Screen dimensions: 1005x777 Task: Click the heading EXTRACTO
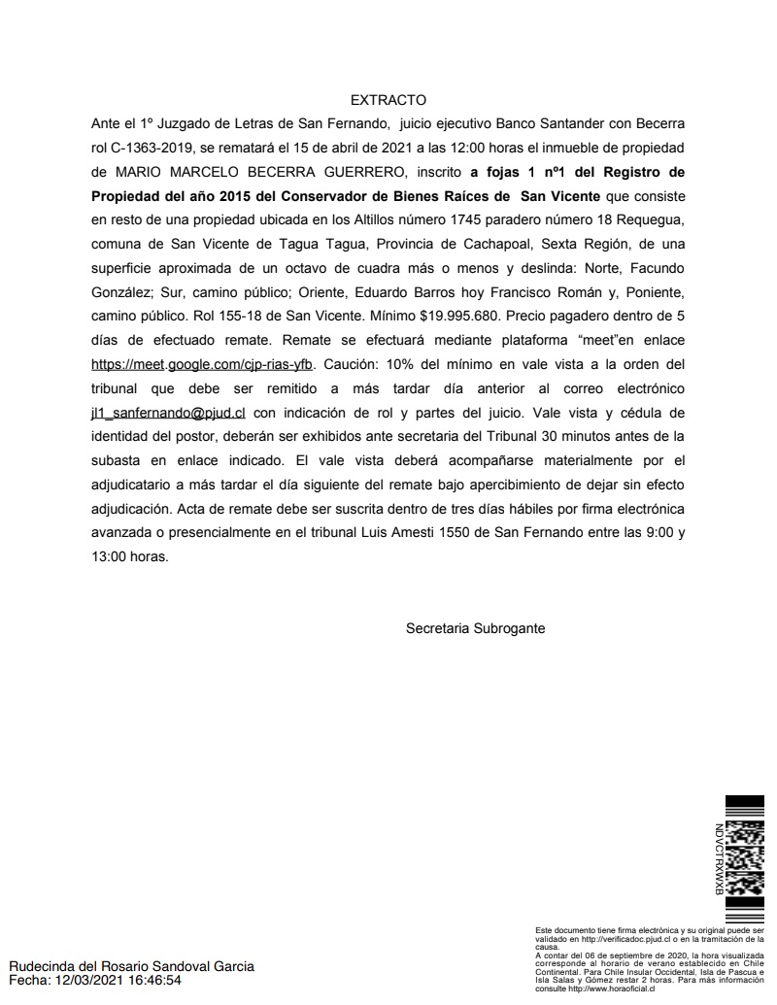388,100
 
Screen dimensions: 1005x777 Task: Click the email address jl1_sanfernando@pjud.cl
168,413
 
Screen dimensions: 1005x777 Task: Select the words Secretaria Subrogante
475,628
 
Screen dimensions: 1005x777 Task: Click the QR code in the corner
745,858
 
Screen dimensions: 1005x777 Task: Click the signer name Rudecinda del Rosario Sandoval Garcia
132,966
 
